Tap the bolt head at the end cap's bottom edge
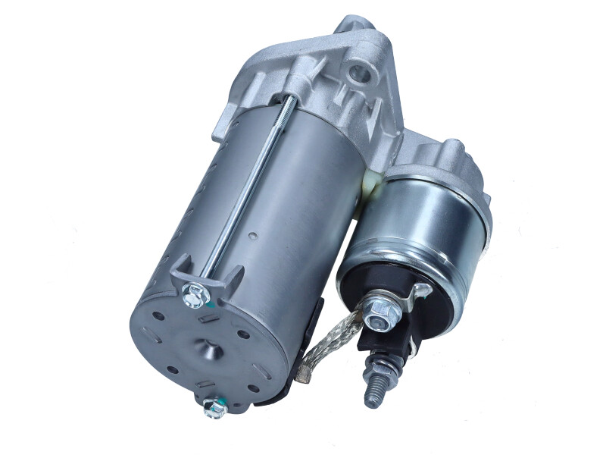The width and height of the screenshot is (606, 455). (214, 409)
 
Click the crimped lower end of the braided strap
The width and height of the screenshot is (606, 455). (305, 372)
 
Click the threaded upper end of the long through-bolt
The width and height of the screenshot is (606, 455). (289, 102)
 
